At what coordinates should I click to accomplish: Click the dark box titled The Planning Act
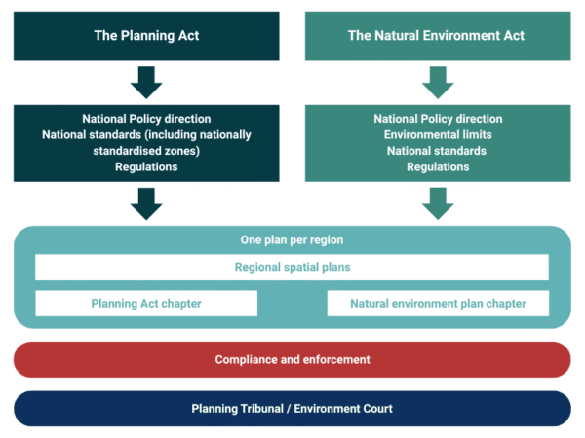point(146,36)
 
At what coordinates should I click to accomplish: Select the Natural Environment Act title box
point(436,36)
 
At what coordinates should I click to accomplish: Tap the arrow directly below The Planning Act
point(146,83)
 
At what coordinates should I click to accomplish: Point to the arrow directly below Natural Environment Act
point(438,83)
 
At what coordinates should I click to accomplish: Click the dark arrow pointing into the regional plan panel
point(146,202)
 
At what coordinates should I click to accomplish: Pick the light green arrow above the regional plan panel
point(438,202)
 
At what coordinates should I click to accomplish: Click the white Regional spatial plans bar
point(292,267)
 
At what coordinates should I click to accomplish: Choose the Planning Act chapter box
point(146,304)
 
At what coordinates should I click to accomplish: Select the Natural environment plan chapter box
point(438,304)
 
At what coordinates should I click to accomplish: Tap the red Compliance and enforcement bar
point(292,359)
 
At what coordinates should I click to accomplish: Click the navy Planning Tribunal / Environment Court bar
point(292,409)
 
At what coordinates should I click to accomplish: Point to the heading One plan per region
point(292,239)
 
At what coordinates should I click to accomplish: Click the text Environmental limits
point(438,134)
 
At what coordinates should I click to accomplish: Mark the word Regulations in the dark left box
point(146,166)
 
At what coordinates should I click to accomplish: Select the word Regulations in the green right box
point(438,166)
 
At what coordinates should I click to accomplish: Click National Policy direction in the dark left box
point(146,119)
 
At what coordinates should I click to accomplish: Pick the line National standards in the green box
point(438,151)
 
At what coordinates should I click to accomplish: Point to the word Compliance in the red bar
point(247,359)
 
